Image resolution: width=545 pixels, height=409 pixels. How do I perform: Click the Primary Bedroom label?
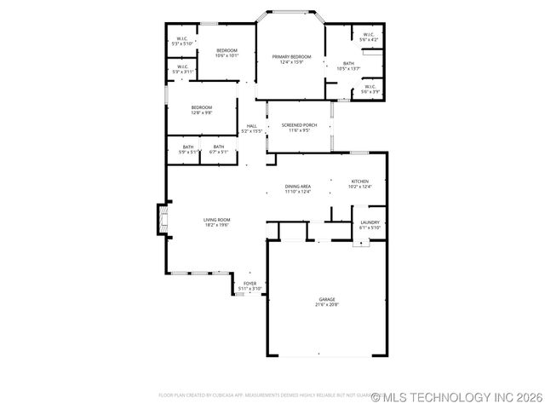click(291, 59)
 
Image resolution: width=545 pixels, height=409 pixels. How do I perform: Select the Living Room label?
click(216, 222)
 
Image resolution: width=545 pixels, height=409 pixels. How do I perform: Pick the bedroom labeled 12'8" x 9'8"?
click(201, 109)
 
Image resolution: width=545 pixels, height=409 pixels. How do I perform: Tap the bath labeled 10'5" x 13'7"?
click(348, 66)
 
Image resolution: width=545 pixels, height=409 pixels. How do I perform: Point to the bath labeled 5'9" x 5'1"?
click(188, 150)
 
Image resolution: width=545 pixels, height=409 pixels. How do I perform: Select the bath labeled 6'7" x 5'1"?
click(219, 150)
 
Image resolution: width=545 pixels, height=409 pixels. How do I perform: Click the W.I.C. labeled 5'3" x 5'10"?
click(182, 40)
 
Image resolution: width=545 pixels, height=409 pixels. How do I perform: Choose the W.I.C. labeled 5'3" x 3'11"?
click(182, 70)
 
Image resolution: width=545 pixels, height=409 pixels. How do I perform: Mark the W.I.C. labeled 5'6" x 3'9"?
click(370, 89)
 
